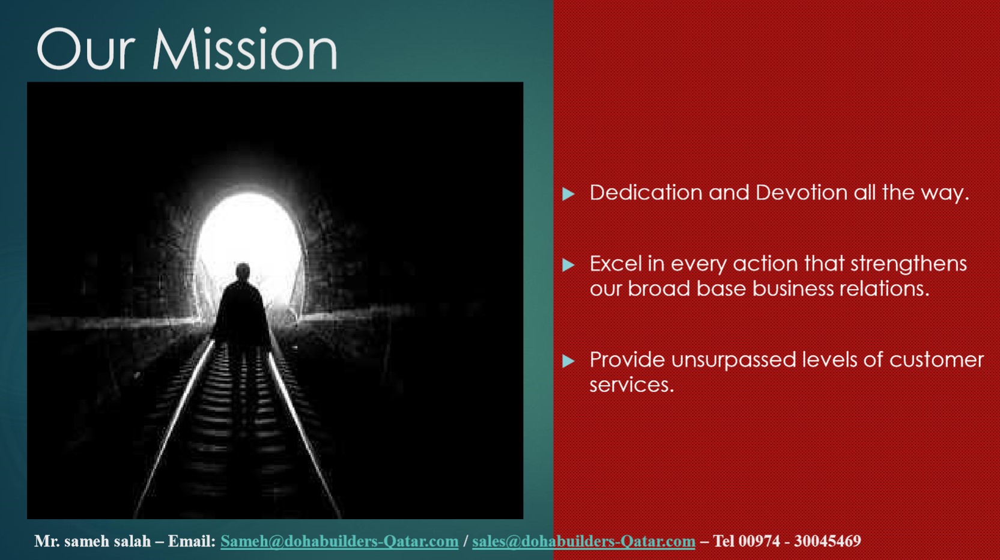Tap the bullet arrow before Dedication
(x=568, y=194)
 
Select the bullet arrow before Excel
(x=568, y=265)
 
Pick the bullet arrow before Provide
(x=568, y=361)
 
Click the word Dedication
(x=646, y=192)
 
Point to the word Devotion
(x=801, y=192)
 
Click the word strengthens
(x=908, y=264)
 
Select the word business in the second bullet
(x=793, y=288)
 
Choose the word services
(x=632, y=385)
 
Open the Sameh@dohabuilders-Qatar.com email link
(x=339, y=541)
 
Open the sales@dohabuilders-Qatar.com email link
(x=583, y=541)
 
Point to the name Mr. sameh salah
(x=92, y=541)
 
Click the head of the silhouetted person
(x=243, y=270)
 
